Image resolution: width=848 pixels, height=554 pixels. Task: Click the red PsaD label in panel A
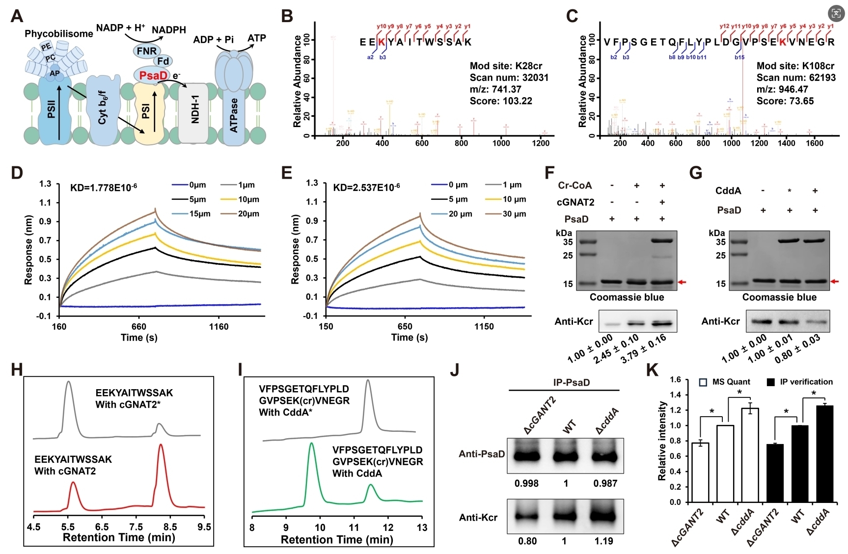153,75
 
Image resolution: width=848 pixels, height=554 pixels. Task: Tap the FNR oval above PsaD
147,51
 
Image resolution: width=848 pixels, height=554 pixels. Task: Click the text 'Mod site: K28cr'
506,66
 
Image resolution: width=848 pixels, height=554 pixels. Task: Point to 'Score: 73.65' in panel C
785,101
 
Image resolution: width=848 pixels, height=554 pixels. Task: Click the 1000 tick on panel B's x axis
501,143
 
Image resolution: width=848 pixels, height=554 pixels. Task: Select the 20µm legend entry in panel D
241,214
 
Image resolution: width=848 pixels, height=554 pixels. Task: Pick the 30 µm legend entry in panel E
506,214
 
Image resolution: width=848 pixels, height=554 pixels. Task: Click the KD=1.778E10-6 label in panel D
97,187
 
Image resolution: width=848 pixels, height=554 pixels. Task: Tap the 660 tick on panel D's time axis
139,327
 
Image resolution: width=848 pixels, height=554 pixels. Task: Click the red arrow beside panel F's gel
682,282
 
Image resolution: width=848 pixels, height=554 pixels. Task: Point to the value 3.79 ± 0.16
644,349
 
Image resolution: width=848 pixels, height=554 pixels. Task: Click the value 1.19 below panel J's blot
603,541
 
